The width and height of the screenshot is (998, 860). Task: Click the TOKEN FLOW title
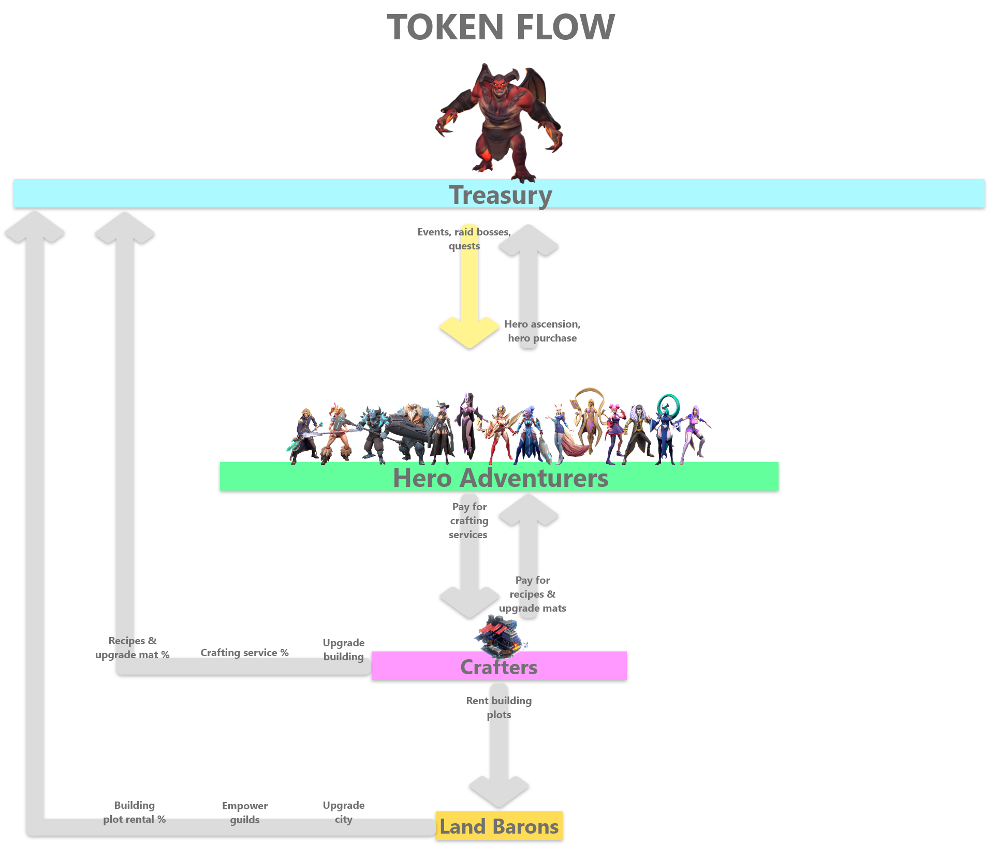[501, 27]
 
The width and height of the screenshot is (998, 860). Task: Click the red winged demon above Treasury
[498, 122]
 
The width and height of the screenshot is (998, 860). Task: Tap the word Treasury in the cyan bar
[501, 195]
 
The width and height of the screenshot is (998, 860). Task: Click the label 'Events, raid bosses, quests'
[464, 239]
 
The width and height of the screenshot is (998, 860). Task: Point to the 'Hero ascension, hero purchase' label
[542, 331]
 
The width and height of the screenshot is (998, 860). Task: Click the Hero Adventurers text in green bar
[501, 478]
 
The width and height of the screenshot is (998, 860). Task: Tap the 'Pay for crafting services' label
[468, 521]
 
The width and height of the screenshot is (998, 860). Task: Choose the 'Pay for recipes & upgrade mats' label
[533, 594]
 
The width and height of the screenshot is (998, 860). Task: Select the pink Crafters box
[499, 666]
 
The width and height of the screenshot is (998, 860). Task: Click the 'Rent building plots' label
[498, 707]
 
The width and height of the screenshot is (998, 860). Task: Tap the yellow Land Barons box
[499, 826]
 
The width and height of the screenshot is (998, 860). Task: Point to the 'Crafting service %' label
[244, 653]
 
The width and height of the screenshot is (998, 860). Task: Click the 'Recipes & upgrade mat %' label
[133, 648]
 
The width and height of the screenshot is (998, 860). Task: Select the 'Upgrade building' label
[344, 649]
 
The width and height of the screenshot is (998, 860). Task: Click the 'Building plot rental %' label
[134, 812]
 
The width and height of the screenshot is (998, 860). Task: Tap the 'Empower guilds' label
[245, 812]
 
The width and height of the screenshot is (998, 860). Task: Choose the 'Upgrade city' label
[344, 812]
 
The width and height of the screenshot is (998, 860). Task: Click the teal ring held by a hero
[668, 405]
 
